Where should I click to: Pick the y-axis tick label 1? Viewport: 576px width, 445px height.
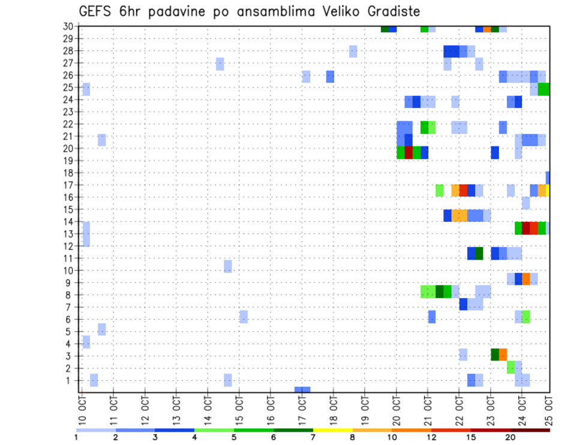[70, 380]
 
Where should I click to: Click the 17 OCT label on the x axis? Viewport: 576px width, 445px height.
[302, 407]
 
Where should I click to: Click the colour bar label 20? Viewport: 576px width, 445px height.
[511, 438]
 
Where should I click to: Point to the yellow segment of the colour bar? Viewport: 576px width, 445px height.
[332, 430]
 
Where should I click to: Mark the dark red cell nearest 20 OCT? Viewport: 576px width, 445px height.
[409, 152]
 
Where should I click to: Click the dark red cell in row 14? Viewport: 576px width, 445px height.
[526, 228]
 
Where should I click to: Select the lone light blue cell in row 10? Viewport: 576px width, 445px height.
[228, 266]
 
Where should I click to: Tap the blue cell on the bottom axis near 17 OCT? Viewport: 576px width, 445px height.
[302, 390]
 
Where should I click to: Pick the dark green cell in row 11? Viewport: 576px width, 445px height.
[479, 253]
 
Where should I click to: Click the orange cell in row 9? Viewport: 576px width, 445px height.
[526, 279]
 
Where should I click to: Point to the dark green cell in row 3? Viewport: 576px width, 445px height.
[495, 354]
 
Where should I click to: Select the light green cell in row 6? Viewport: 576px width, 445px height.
[526, 317]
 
